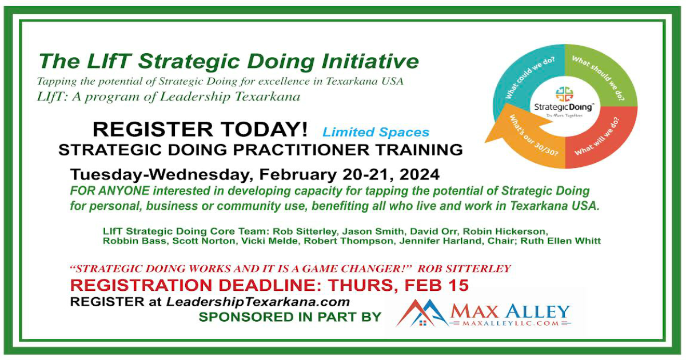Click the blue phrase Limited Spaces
click(376, 132)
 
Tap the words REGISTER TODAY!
click(200, 129)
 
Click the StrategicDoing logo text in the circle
click(564, 107)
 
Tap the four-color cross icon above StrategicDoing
click(564, 94)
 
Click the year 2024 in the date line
click(420, 174)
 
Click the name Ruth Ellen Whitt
click(561, 241)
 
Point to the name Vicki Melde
click(269, 241)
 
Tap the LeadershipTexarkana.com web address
click(258, 302)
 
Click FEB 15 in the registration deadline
click(437, 285)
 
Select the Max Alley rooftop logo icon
click(421, 313)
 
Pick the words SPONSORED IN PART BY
click(290, 317)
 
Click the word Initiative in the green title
click(370, 61)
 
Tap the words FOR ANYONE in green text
click(110, 191)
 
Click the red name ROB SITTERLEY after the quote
click(464, 269)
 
